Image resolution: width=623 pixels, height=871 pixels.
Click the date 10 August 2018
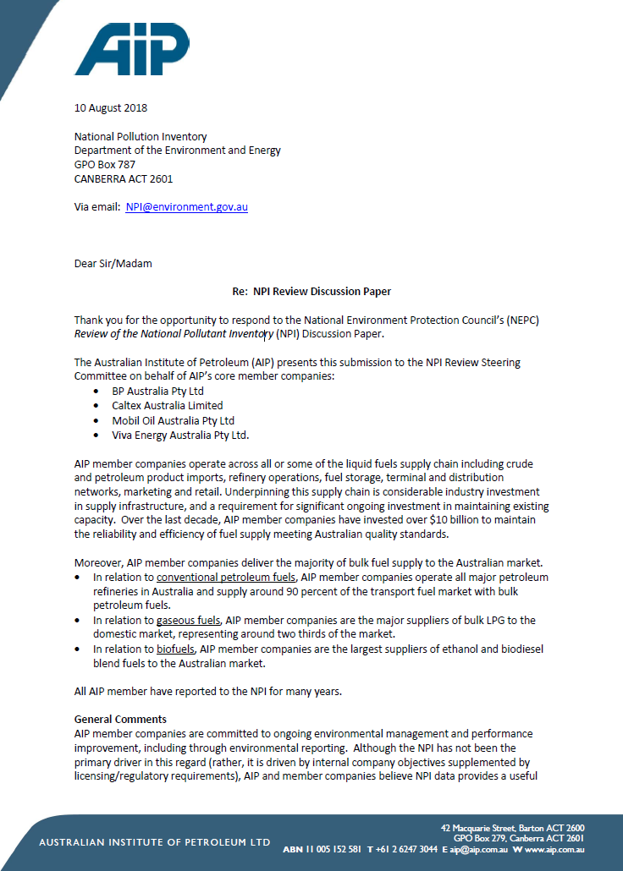pyautogui.click(x=111, y=107)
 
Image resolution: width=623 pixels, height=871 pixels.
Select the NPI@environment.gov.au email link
pyautogui.click(x=186, y=206)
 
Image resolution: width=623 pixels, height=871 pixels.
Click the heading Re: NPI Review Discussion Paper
pyautogui.click(x=311, y=292)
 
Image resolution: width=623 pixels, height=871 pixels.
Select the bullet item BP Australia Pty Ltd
pyautogui.click(x=158, y=392)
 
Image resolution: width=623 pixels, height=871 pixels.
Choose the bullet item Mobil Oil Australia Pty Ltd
pyautogui.click(x=173, y=420)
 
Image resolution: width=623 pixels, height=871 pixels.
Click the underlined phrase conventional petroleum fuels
pyautogui.click(x=226, y=577)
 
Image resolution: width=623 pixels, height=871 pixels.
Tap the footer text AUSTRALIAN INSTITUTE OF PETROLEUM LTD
pyautogui.click(x=155, y=842)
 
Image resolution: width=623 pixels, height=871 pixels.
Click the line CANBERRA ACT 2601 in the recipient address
pyautogui.click(x=124, y=179)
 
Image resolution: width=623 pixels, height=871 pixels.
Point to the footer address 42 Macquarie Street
pyautogui.click(x=479, y=828)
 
